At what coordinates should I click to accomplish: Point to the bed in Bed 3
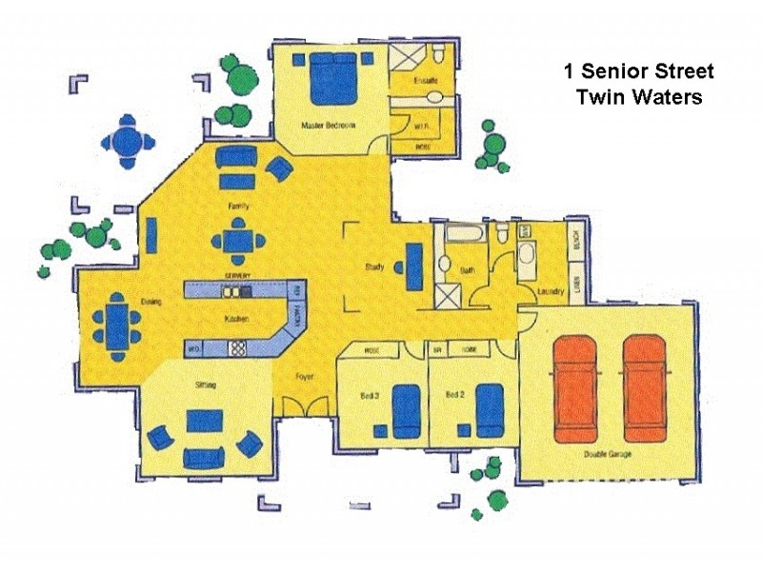(406, 409)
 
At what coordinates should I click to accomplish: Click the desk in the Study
(414, 267)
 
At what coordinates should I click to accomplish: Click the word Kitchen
(235, 319)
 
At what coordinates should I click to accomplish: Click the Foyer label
(303, 376)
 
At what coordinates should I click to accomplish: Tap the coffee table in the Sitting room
(205, 421)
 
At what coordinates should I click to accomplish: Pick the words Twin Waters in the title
(638, 97)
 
